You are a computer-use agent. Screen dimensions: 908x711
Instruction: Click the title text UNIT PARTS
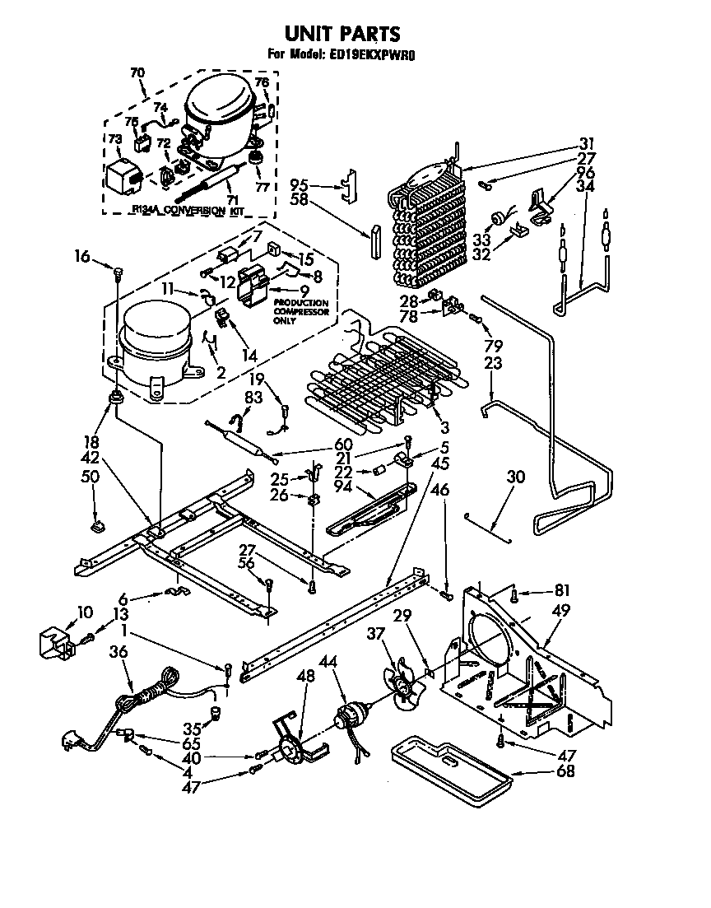point(342,34)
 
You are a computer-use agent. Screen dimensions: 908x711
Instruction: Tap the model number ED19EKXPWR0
point(374,57)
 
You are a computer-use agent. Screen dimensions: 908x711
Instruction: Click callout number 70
point(137,72)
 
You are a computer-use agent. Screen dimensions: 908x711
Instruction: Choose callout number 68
point(565,771)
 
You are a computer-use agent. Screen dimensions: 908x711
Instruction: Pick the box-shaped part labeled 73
point(123,175)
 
